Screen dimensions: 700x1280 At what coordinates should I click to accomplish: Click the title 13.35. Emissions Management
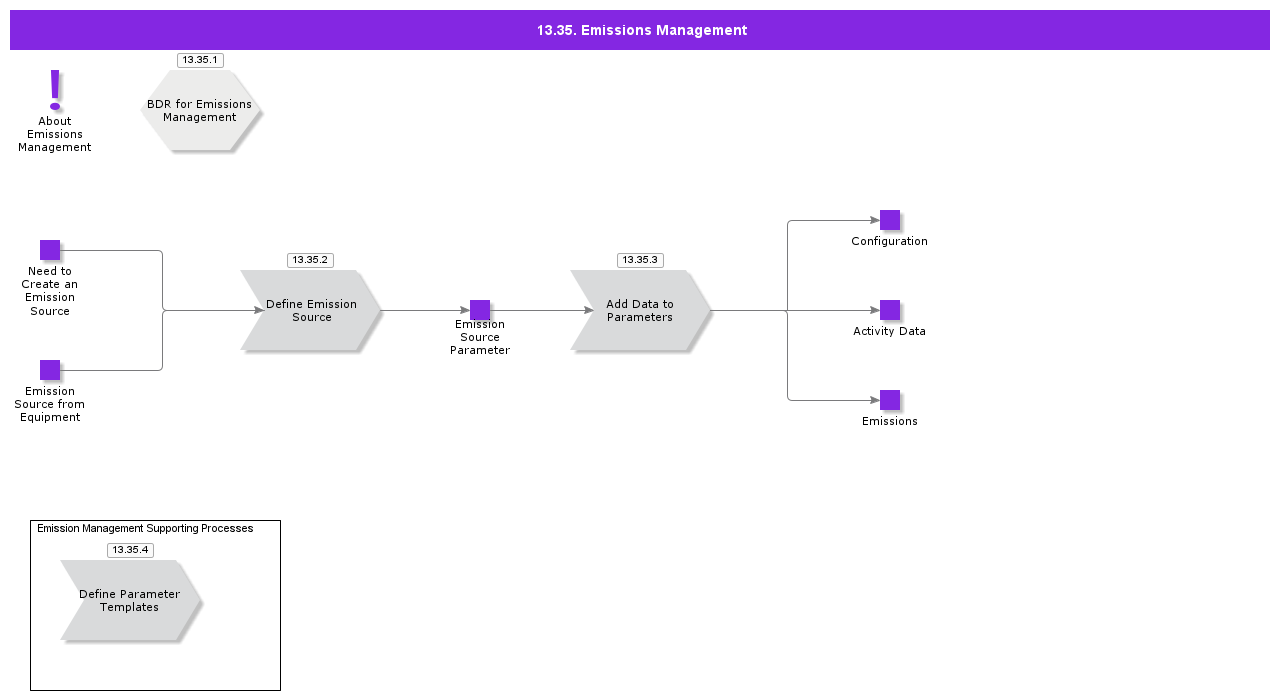pyautogui.click(x=641, y=30)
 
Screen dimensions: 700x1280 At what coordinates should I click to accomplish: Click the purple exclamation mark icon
pyautogui.click(x=55, y=90)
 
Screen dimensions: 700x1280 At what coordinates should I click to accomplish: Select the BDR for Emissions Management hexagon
pyautogui.click(x=200, y=110)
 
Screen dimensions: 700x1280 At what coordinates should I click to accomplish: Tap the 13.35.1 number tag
pyautogui.click(x=200, y=60)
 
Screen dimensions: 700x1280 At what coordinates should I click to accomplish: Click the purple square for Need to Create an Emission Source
pyautogui.click(x=50, y=250)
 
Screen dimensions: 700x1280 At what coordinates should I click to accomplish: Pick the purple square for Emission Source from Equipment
pyautogui.click(x=50, y=370)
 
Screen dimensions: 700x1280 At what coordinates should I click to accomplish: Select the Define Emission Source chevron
pyautogui.click(x=311, y=310)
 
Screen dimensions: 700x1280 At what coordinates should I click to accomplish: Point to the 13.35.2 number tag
pyautogui.click(x=310, y=260)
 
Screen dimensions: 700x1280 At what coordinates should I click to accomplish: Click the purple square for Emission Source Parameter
pyautogui.click(x=480, y=310)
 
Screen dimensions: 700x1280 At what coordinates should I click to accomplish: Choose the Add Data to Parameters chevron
pyautogui.click(x=640, y=310)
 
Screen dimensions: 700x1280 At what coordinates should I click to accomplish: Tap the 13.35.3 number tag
pyautogui.click(x=640, y=260)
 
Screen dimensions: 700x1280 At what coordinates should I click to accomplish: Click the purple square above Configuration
pyautogui.click(x=890, y=220)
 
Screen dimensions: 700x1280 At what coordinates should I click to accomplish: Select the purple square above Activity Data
pyautogui.click(x=890, y=310)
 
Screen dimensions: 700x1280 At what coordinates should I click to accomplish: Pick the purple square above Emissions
pyautogui.click(x=890, y=400)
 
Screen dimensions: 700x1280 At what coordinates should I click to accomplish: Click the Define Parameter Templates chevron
pyautogui.click(x=130, y=600)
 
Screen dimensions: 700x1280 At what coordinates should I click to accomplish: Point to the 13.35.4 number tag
pyautogui.click(x=130, y=550)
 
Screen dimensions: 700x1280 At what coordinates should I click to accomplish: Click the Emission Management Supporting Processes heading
pyautogui.click(x=145, y=528)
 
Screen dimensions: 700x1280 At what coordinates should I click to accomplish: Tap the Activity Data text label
pyautogui.click(x=889, y=331)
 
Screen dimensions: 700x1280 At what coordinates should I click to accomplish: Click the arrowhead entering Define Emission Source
pyautogui.click(x=259, y=310)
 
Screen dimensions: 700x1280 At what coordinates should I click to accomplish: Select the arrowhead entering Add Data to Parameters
pyautogui.click(x=589, y=310)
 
